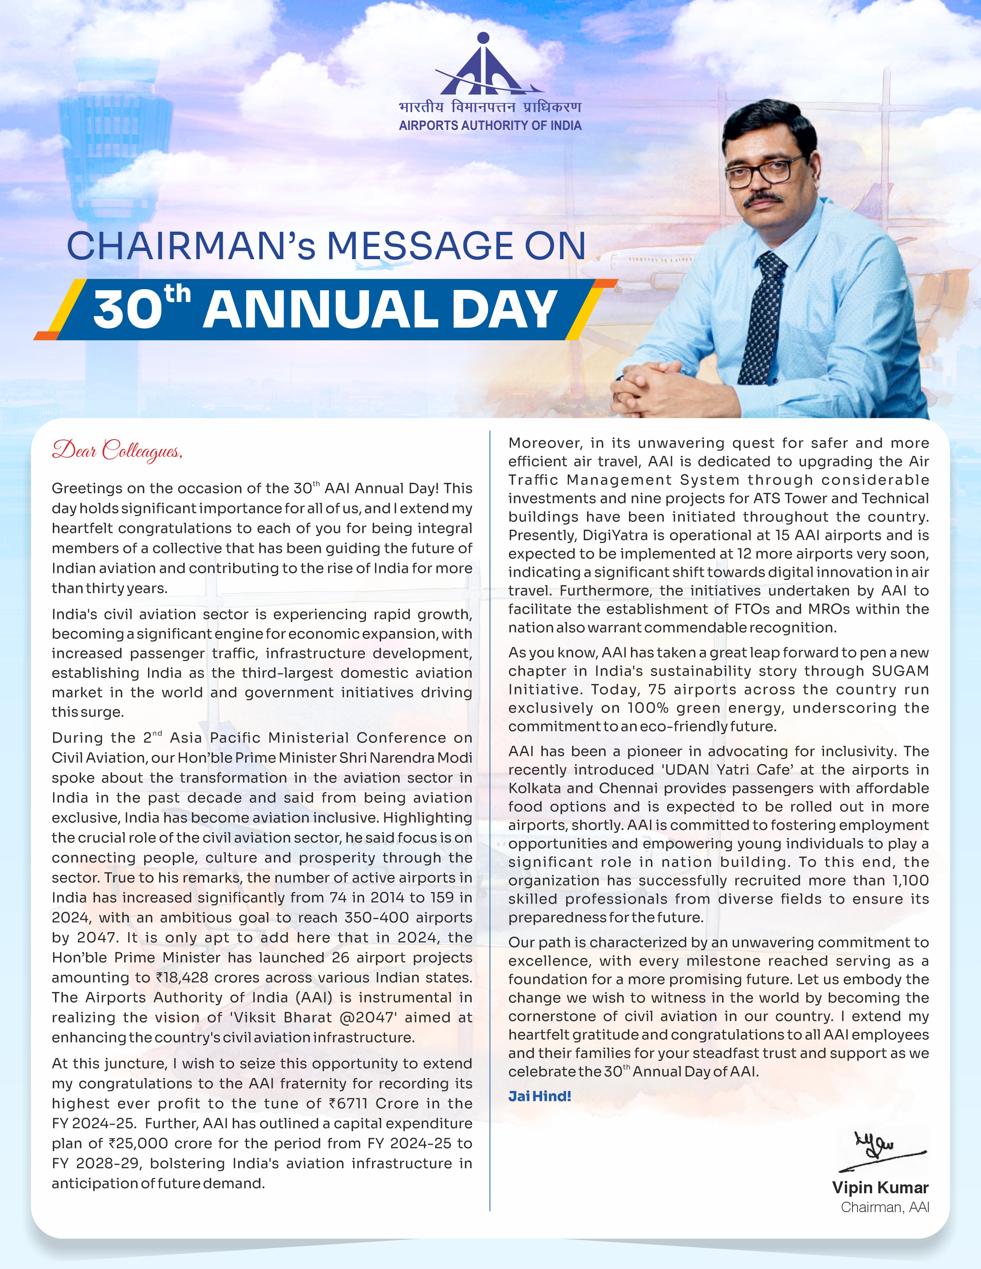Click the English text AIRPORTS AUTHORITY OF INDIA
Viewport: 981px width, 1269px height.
click(x=490, y=125)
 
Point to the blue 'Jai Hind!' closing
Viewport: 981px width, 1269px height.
click(x=539, y=1096)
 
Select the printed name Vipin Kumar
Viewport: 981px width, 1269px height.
click(x=880, y=1187)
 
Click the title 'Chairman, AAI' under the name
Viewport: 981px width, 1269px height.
click(x=884, y=1207)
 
